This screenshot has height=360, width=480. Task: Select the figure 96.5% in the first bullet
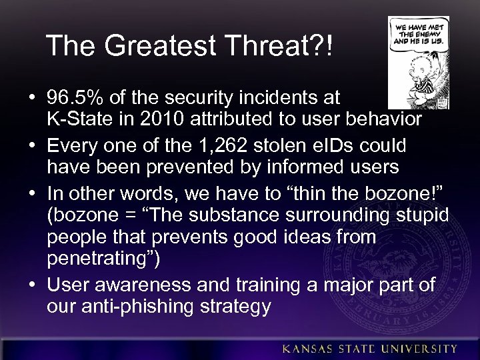[75, 99]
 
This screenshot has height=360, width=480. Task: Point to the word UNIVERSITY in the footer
[420, 349]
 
